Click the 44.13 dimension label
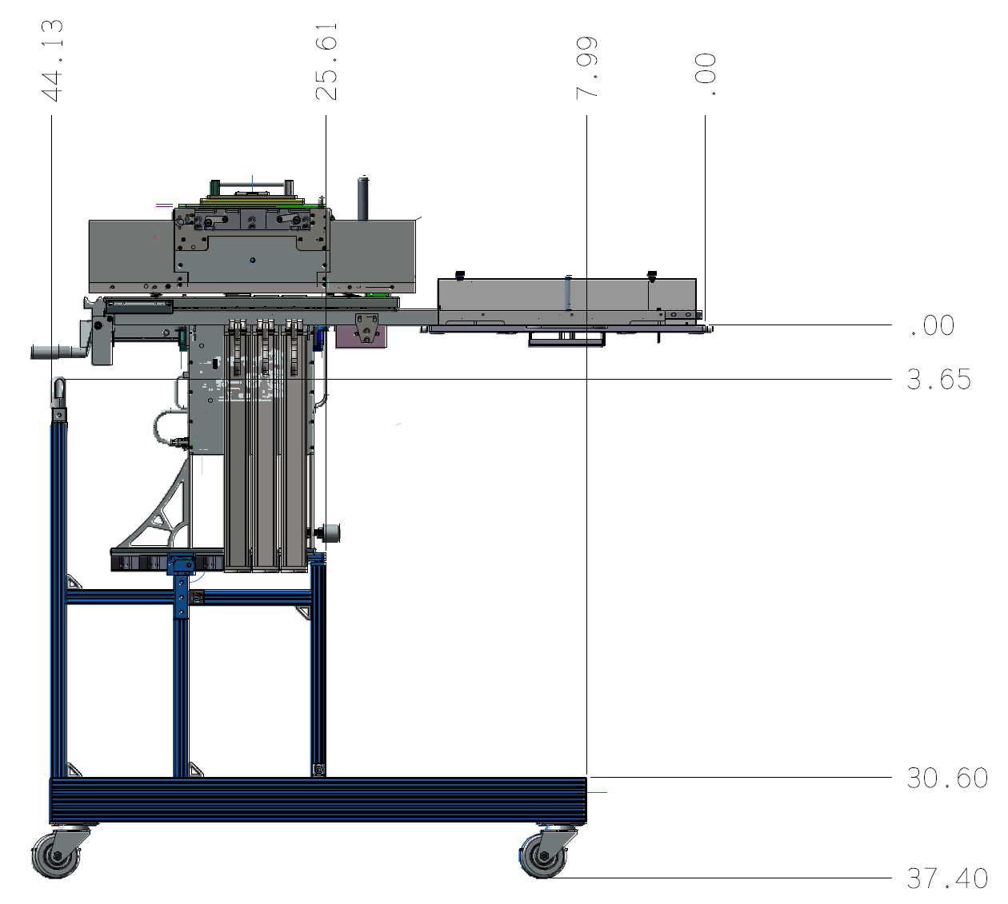pyautogui.click(x=52, y=62)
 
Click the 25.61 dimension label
pyautogui.click(x=326, y=62)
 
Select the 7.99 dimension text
pyautogui.click(x=587, y=67)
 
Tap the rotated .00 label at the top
pyautogui.click(x=706, y=75)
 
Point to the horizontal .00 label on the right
pyautogui.click(x=931, y=326)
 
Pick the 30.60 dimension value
pyautogui.click(x=946, y=778)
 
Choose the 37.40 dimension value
pyautogui.click(x=946, y=879)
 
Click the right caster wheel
pyautogui.click(x=544, y=857)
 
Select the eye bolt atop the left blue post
pyautogui.click(x=58, y=390)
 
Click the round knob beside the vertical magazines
pyautogui.click(x=330, y=531)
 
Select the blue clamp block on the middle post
pyautogui.click(x=182, y=565)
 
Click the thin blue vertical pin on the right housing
pyautogui.click(x=567, y=292)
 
